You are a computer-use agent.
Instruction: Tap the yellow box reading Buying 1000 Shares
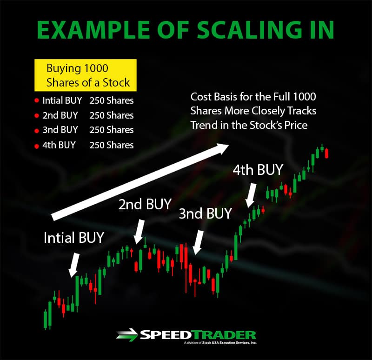tap(86, 75)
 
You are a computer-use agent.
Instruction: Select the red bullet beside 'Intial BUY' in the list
tap(37, 100)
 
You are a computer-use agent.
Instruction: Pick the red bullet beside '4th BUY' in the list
tap(37, 146)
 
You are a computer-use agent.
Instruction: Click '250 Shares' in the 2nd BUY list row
tap(112, 115)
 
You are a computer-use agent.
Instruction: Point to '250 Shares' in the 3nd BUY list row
tap(112, 130)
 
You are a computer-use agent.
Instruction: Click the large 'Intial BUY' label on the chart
tap(74, 237)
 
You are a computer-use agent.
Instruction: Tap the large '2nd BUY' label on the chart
tap(145, 204)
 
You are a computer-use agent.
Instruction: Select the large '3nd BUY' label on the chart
tap(205, 213)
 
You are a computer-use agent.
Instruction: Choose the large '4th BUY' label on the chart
tap(258, 170)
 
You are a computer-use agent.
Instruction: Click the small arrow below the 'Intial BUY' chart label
tap(74, 265)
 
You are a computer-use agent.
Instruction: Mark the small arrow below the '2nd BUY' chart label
tap(139, 232)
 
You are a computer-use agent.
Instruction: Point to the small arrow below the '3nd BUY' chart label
tap(198, 242)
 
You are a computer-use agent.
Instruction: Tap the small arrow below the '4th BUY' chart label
tap(251, 195)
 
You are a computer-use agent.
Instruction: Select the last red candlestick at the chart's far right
tap(327, 153)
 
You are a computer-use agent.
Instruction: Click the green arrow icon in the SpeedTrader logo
tap(127, 335)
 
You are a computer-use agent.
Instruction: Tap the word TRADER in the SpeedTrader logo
tap(224, 335)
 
